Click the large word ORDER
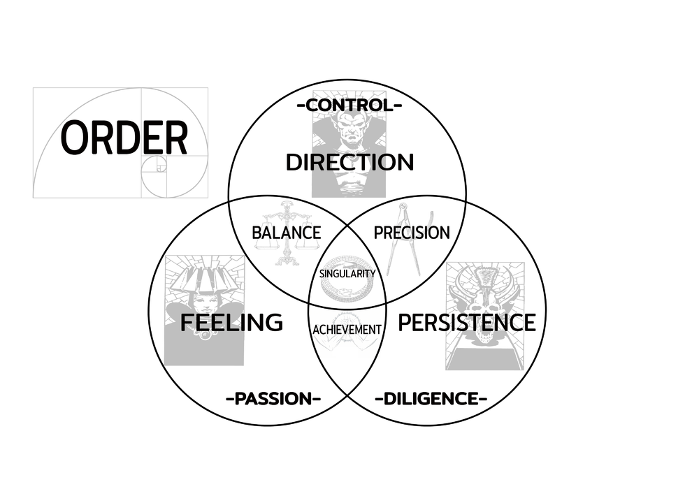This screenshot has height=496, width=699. pos(124,138)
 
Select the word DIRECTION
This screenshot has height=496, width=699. pos(349,162)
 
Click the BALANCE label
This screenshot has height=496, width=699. pos(287,233)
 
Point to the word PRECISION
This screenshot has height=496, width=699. pos(412,233)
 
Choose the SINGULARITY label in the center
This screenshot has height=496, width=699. pos(347,274)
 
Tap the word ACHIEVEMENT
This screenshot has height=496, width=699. pos(347,329)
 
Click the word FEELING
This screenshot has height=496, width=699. pos(231,323)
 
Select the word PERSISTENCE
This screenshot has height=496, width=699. pos(466,323)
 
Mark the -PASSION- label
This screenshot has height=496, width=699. pos(273,399)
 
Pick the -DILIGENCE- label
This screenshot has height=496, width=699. pos(431,399)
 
